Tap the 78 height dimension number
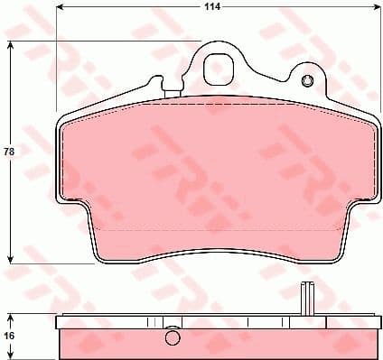[x=10, y=152]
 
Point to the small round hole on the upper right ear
[x=305, y=83]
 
